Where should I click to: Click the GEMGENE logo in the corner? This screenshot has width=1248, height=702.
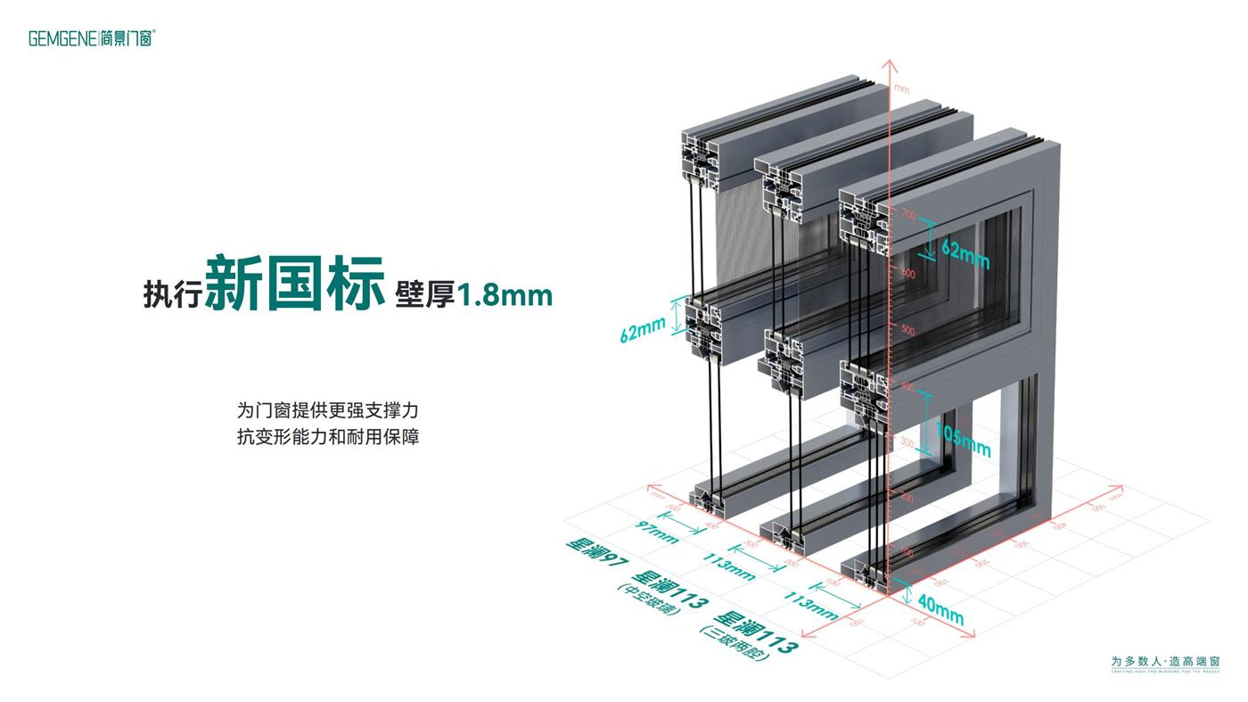click(x=92, y=37)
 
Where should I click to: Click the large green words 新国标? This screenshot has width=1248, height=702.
click(x=294, y=283)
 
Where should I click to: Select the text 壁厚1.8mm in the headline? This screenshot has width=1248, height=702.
click(x=473, y=294)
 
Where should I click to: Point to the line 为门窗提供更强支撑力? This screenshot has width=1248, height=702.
click(x=327, y=410)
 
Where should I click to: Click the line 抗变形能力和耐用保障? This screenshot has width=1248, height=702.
click(x=327, y=437)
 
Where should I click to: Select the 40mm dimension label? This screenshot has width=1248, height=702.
click(x=940, y=610)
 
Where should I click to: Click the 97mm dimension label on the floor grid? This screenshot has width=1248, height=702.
click(x=658, y=533)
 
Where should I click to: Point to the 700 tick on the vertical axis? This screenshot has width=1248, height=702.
click(x=908, y=215)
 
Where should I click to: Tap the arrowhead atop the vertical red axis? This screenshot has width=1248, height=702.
click(x=888, y=65)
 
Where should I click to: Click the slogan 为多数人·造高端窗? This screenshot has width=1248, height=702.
click(x=1165, y=662)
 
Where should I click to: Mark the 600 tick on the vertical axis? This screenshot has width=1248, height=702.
click(x=907, y=274)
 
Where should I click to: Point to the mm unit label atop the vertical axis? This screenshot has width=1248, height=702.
click(x=902, y=87)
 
